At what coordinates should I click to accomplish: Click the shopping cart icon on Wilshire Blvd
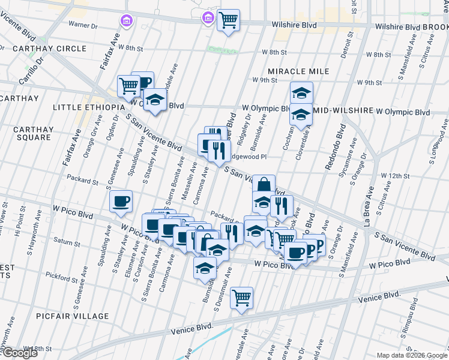(228, 21)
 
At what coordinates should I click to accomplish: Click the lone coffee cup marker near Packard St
(121, 202)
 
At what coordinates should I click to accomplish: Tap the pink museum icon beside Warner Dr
(126, 22)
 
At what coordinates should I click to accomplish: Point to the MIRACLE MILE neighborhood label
(298, 71)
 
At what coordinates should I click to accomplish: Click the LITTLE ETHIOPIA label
(87, 107)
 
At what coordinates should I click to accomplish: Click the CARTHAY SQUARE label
(34, 133)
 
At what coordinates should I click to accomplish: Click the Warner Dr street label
(83, 25)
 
